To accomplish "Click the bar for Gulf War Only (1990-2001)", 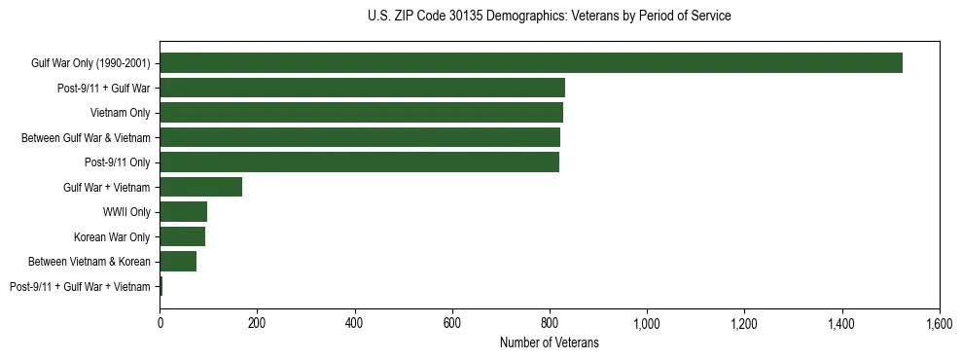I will pos(530,63).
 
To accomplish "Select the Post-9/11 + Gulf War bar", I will pos(362,88).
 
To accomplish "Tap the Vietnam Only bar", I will pos(361,113).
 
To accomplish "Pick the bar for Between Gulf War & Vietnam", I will pos(359,137).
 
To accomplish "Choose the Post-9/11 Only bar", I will pos(359,162).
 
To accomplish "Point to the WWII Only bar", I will pos(183,212).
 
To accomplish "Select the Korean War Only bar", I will pos(182,236).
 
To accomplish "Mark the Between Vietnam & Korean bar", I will pos(178,262).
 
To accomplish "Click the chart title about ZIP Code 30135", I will pos(549,17).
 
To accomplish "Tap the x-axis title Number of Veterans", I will pos(549,342).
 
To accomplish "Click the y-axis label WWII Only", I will pos(126,212).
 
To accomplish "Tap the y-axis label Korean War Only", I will pos(112,236).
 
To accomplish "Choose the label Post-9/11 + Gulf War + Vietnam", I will pos(80,286).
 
